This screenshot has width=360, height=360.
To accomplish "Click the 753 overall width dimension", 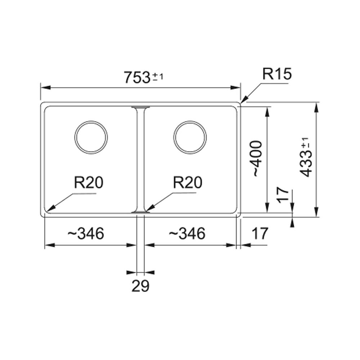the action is click(137, 77).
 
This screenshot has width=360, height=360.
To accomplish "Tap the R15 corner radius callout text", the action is click(277, 74).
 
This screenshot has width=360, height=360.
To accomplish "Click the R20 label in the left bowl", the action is click(89, 183).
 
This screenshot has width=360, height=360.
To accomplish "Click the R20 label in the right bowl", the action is click(188, 183).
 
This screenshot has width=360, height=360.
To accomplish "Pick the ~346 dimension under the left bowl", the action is click(86, 234).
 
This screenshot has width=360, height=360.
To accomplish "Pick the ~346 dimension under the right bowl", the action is click(187, 234).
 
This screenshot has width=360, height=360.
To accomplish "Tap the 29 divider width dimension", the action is click(140, 286).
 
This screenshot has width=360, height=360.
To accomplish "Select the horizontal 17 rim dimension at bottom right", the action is click(260, 234).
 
